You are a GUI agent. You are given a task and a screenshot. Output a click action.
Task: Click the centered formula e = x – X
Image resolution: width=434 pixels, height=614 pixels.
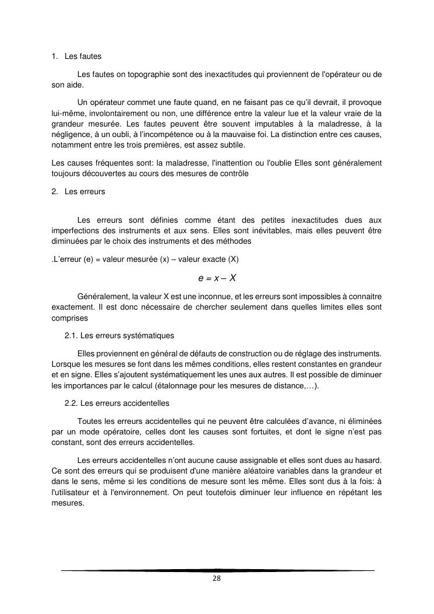pos(217,278)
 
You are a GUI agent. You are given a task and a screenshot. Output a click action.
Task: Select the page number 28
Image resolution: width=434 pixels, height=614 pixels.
pos(217,578)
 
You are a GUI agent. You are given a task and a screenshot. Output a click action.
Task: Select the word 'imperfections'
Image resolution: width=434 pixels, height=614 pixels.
pos(73,230)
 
